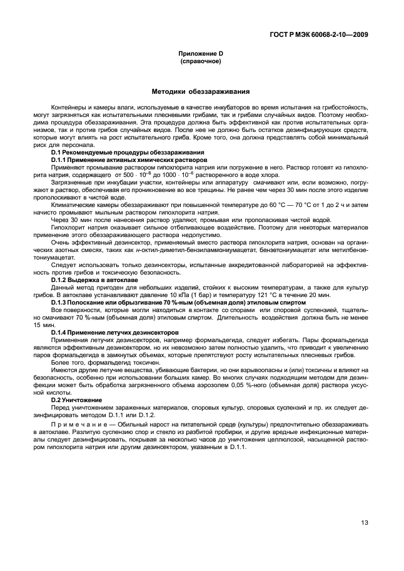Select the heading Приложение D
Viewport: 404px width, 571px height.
coord(197,54)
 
